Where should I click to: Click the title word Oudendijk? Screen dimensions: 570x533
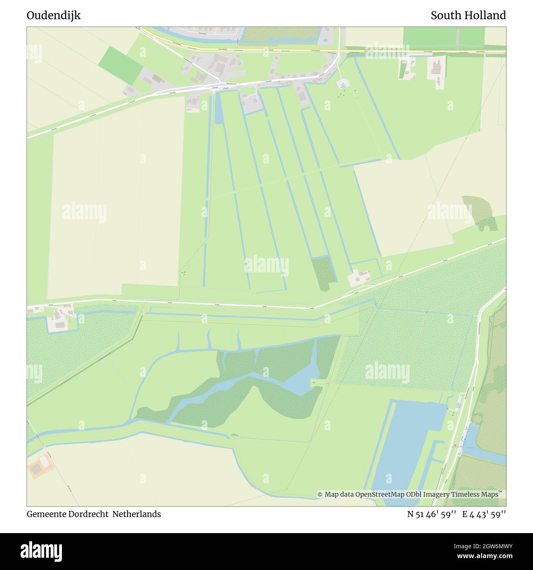54,16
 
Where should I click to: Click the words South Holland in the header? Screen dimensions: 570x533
468,16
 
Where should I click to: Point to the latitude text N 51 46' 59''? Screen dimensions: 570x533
431,514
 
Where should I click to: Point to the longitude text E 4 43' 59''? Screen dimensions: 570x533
484,514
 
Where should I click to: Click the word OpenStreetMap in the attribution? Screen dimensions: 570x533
380,495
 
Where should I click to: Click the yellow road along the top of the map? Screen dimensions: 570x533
287,50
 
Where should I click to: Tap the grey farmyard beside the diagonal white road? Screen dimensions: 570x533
360,278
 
